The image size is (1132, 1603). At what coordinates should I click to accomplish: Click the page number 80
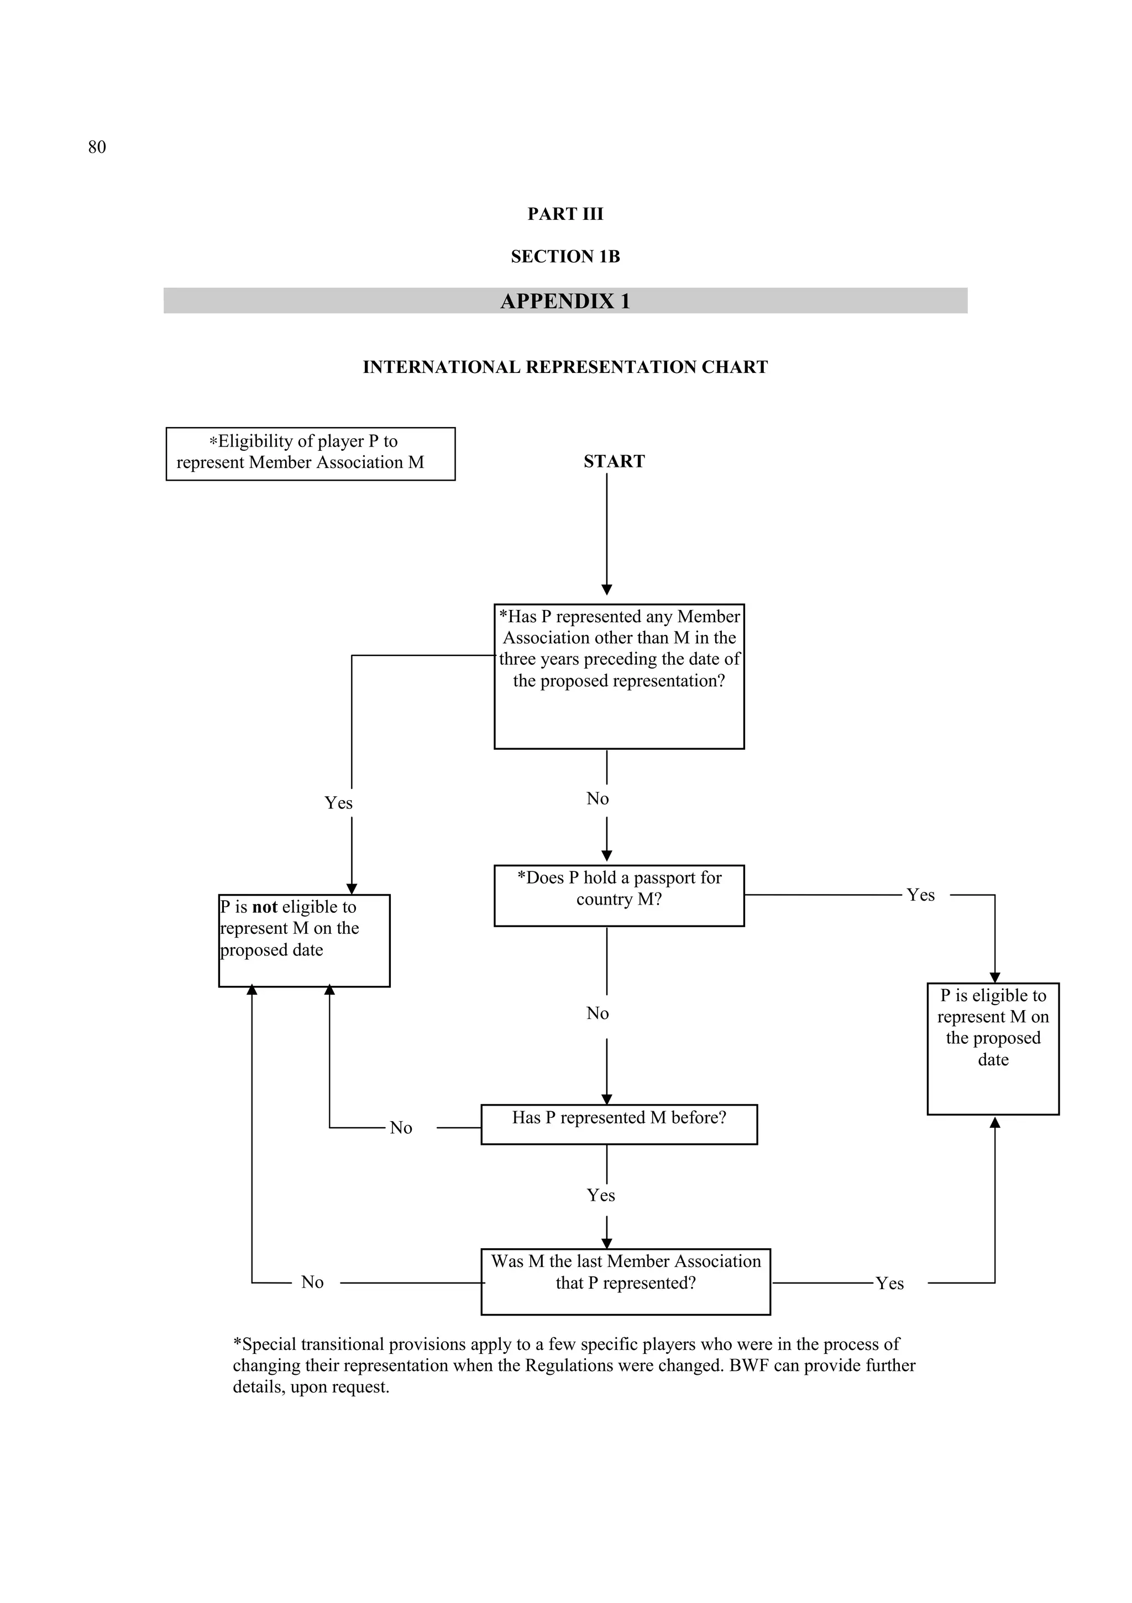point(97,148)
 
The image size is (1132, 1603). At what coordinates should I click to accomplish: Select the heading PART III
point(565,214)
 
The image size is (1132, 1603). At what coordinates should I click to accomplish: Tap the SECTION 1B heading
point(565,257)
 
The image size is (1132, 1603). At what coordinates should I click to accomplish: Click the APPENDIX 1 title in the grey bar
point(565,301)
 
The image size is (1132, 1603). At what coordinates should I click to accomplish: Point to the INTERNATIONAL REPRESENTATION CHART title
point(565,367)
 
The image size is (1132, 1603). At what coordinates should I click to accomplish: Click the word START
point(614,461)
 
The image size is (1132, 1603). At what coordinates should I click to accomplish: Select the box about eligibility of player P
point(310,454)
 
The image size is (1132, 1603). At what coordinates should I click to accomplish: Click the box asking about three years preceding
point(619,676)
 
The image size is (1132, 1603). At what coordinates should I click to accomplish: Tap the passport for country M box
point(619,896)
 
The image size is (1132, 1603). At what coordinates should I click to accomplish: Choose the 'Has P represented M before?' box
point(619,1124)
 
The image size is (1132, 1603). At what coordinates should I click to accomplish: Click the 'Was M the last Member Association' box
point(625,1282)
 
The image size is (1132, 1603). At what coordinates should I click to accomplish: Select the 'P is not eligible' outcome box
point(304,940)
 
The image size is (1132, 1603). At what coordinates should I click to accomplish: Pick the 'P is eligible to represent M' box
point(992,1048)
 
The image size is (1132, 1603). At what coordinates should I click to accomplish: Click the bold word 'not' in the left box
point(265,907)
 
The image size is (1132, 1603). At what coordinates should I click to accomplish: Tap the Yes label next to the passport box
point(920,895)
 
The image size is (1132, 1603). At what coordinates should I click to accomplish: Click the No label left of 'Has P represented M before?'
point(401,1128)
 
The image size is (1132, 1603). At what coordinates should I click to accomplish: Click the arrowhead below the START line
point(607,589)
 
